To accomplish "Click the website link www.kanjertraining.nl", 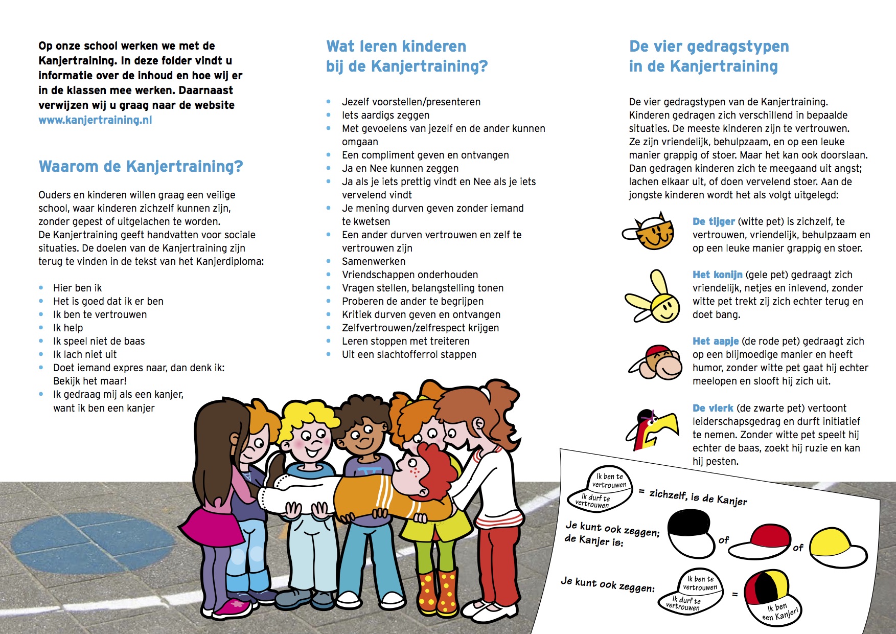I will click(95, 120).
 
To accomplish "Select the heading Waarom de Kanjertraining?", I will click(141, 166).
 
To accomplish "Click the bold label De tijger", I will click(714, 221).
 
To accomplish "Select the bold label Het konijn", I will click(717, 275).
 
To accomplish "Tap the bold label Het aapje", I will click(715, 341).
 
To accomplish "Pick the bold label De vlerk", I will click(713, 408).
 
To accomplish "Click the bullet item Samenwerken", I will click(374, 261).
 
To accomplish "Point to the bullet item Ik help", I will click(68, 328).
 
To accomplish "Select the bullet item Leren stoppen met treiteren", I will click(405, 341).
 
